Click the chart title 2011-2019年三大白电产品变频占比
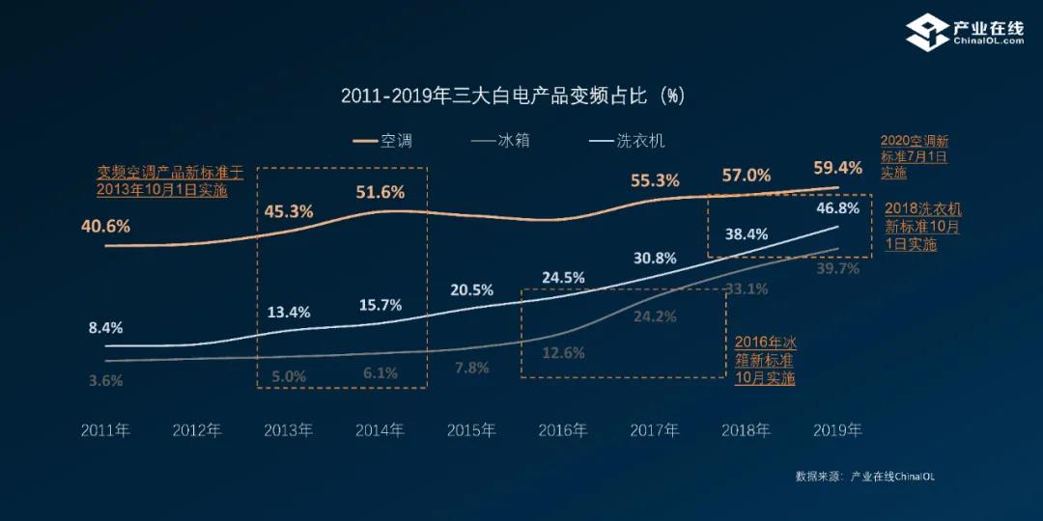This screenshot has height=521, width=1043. tap(513, 96)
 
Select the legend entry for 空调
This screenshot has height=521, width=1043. tap(383, 141)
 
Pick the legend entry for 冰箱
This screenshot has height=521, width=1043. tap(501, 141)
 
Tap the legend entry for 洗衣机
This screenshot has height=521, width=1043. tap(627, 141)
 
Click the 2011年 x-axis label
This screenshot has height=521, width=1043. tap(105, 430)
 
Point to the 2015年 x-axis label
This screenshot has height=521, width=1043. tap(471, 430)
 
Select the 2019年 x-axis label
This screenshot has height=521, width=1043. tap(837, 430)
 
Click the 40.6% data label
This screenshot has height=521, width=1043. tap(105, 228)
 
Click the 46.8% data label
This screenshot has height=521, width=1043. tap(838, 208)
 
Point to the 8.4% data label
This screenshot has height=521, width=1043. tap(105, 327)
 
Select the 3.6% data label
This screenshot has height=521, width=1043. tap(105, 380)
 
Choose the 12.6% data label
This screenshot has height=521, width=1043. tap(563, 353)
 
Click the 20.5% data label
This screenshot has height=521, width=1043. tap(471, 289)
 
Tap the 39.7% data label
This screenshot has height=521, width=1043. tap(838, 269)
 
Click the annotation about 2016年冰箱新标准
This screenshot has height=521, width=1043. tap(765, 360)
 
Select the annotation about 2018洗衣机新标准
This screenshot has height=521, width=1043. tap(923, 227)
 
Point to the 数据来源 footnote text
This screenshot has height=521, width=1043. tap(864, 476)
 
